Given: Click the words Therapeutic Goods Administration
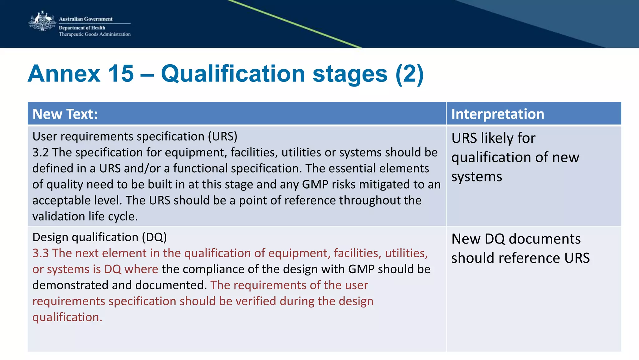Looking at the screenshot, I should pyautogui.click(x=95, y=34).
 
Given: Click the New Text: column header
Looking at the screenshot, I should pyautogui.click(x=65, y=114).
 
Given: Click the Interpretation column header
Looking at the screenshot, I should pyautogui.click(x=498, y=114).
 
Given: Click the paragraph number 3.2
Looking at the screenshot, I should pyautogui.click(x=41, y=152).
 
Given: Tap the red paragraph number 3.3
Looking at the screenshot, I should pyautogui.click(x=41, y=253).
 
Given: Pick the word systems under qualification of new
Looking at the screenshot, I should pyautogui.click(x=476, y=177).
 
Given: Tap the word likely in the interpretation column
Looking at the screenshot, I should pyautogui.click(x=497, y=138).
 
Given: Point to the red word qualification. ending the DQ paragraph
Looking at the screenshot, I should pyautogui.click(x=67, y=317).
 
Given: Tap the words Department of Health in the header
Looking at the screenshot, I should pyautogui.click(x=82, y=28).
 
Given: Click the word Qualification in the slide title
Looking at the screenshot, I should pyautogui.click(x=233, y=74).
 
